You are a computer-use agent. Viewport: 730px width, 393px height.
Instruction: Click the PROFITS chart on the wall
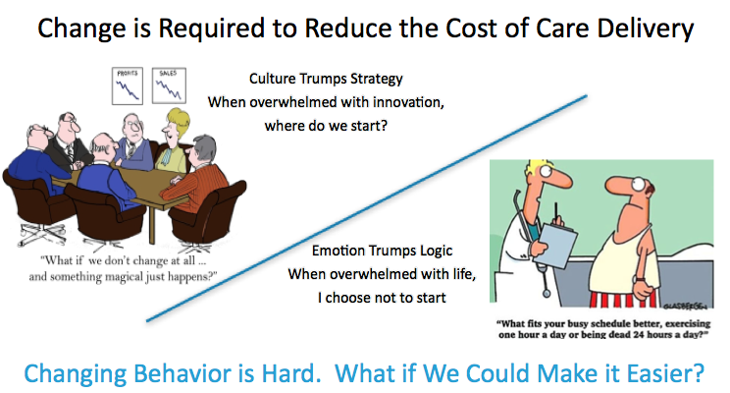(x=128, y=85)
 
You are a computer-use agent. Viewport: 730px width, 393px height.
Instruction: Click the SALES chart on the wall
(x=169, y=85)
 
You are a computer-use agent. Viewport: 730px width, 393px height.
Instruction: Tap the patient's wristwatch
(x=640, y=279)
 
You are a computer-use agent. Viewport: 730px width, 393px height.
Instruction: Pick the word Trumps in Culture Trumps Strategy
(x=324, y=79)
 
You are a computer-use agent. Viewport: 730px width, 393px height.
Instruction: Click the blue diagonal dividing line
(x=366, y=208)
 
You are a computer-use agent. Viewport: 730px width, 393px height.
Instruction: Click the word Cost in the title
(x=472, y=28)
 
